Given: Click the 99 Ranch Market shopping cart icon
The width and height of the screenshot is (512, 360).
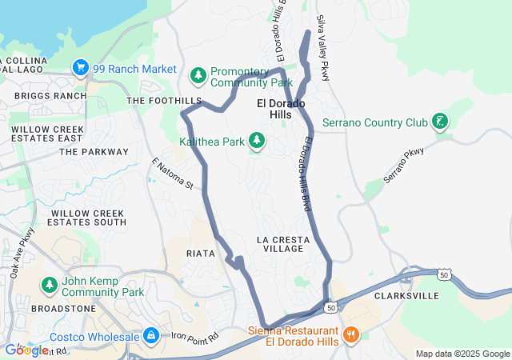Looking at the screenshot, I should click(x=80, y=69).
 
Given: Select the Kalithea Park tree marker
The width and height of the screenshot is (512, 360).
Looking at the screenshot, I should click(x=257, y=142).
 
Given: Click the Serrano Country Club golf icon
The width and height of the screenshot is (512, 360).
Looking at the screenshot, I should click(x=439, y=122).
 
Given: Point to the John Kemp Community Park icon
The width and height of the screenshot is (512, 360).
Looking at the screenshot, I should click(x=50, y=286).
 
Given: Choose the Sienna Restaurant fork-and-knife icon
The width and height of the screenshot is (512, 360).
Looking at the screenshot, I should click(x=350, y=332).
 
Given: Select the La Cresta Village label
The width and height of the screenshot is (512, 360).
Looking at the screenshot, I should click(x=280, y=245).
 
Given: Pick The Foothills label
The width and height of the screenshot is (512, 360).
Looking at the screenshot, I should click(x=164, y=101).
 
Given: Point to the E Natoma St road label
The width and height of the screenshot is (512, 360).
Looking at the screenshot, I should click(x=174, y=174).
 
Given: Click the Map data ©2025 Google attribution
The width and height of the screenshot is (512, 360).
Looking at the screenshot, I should click(x=462, y=354).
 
